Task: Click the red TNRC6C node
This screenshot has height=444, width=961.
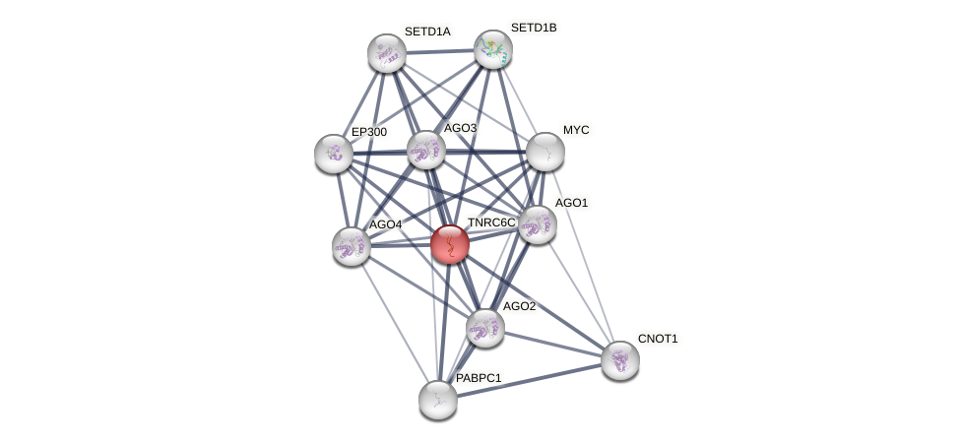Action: [450, 243]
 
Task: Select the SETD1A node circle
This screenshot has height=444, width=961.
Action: [387, 53]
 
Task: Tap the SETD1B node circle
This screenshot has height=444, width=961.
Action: [492, 49]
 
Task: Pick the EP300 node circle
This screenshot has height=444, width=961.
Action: [334, 153]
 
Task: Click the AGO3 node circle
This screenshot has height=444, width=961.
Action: [426, 150]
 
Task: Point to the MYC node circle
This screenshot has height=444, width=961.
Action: [545, 152]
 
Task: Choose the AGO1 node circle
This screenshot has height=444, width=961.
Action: [537, 224]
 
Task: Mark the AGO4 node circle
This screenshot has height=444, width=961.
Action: [352, 246]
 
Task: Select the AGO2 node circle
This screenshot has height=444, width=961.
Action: [484, 328]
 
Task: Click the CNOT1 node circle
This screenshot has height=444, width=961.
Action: [619, 360]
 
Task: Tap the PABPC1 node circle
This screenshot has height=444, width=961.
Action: [438, 399]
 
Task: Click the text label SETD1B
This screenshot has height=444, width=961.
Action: [533, 28]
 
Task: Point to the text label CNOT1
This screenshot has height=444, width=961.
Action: [658, 339]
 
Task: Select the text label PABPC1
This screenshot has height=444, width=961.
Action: [479, 378]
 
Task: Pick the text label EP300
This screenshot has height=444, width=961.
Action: [369, 132]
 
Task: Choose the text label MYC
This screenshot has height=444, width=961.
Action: [576, 130]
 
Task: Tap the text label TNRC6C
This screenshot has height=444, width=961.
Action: [491, 222]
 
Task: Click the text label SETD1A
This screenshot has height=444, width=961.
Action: [427, 32]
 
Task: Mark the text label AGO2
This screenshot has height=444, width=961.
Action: [519, 306]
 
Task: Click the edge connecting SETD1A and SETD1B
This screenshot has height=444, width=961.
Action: [439, 51]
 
